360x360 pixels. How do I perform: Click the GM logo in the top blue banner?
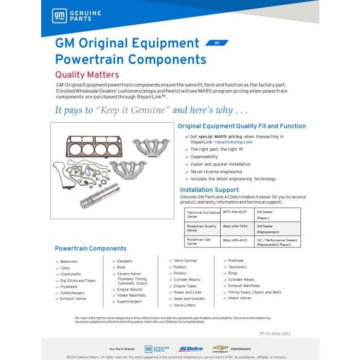[x=58, y=15]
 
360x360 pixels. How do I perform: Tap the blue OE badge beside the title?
[x=217, y=43]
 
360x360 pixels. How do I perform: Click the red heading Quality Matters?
[x=87, y=75]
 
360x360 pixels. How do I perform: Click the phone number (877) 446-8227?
[x=235, y=212]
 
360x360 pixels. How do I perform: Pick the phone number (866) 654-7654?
[x=235, y=226]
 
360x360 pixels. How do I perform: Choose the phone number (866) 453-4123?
[x=235, y=240]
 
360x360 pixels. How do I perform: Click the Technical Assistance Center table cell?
[x=203, y=214]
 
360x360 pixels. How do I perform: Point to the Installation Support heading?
[x=209, y=190]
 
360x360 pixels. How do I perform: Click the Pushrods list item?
[x=236, y=261]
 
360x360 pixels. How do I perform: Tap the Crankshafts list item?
[x=71, y=274]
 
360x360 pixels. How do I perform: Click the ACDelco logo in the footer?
[x=191, y=349]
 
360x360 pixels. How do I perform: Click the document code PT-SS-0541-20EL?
[x=275, y=334]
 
